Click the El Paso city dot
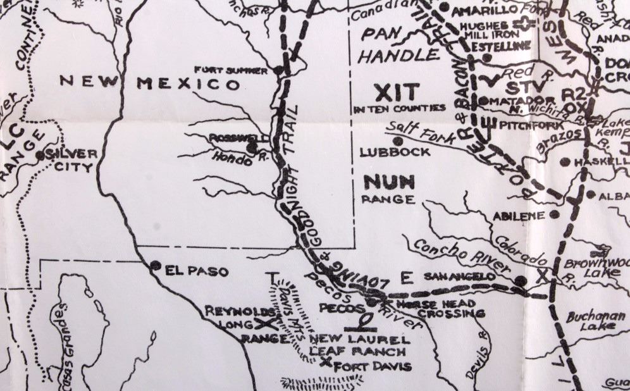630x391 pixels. tap(155, 266)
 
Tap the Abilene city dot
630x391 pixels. tap(554, 214)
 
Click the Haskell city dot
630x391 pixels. tap(565, 162)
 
